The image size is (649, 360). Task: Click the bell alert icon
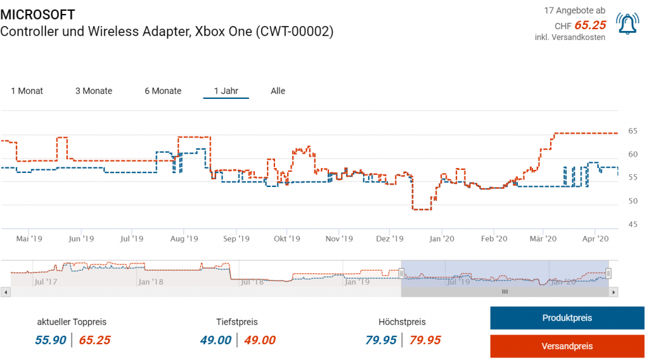[627, 23]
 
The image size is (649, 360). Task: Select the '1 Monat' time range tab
[27, 91]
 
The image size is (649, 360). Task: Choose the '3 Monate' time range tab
[94, 91]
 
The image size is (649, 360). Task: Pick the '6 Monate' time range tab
[163, 91]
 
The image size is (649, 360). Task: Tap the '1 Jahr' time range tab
[226, 91]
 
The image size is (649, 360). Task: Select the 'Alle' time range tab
[278, 91]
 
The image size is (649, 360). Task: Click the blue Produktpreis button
[567, 318]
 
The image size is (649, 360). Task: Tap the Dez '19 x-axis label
[390, 239]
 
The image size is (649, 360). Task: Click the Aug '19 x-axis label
[184, 239]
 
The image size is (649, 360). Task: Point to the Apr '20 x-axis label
[595, 239]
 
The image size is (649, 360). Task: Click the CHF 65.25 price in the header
[589, 25]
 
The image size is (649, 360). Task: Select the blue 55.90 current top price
[50, 340]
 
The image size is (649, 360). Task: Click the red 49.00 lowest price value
[260, 340]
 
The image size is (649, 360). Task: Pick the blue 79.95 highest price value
[380, 340]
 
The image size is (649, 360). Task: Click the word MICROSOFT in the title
[37, 15]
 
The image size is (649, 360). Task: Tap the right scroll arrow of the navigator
[614, 292]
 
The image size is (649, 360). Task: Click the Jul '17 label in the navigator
[46, 281]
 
